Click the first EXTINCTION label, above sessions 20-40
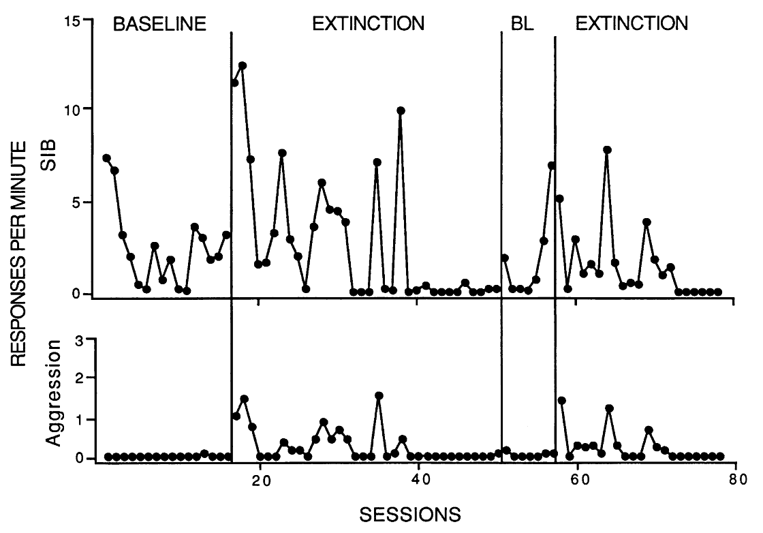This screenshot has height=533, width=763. [368, 24]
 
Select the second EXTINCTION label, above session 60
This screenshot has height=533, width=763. [632, 24]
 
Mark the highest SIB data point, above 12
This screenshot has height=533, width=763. [243, 65]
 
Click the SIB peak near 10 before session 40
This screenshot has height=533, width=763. [401, 110]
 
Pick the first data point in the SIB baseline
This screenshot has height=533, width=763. [106, 158]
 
